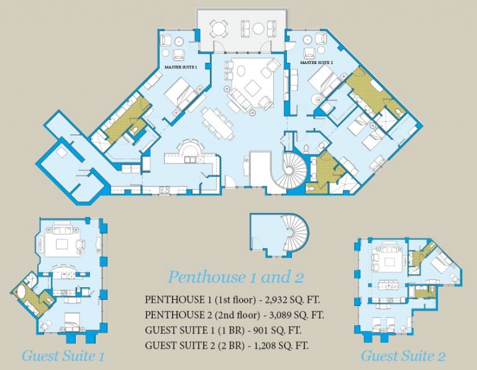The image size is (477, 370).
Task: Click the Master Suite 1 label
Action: pos(180,66)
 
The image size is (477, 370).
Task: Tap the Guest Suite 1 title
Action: pos(62,356)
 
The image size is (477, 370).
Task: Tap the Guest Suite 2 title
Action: pos(403,356)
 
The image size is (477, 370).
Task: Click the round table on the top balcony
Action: pos(218,27)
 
